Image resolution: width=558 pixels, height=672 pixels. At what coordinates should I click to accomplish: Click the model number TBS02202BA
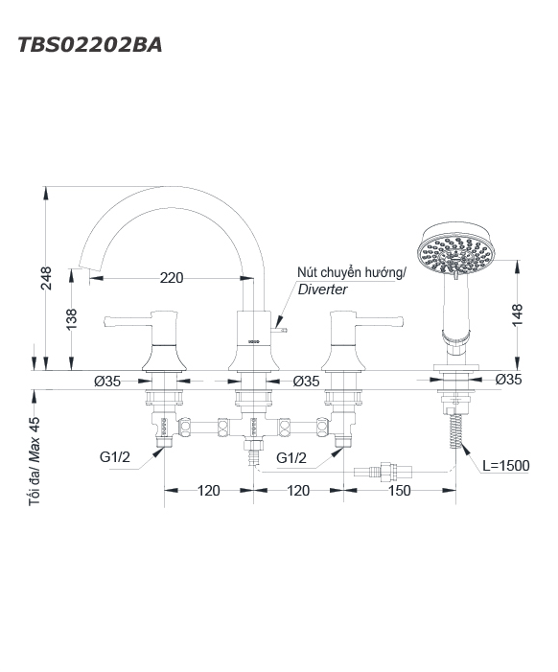click(90, 44)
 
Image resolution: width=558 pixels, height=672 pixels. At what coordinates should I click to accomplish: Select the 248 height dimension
click(46, 278)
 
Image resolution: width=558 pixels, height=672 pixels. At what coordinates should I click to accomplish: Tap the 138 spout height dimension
click(71, 319)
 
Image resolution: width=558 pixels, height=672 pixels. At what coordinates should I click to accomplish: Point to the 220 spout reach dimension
click(172, 278)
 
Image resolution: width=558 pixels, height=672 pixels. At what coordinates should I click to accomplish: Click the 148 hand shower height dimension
click(518, 315)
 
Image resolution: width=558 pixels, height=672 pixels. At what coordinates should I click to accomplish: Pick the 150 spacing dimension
click(399, 490)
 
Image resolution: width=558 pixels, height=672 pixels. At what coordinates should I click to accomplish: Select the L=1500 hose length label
click(505, 466)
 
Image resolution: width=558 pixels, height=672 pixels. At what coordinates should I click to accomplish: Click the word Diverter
click(322, 290)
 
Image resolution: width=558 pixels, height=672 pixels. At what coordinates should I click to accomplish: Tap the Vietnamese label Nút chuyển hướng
click(350, 272)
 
